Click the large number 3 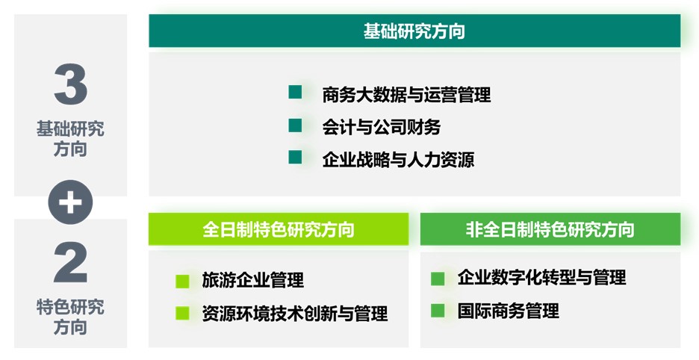tap(70, 84)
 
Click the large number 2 tap(70, 262)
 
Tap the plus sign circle tap(70, 202)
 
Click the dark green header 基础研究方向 tap(414, 31)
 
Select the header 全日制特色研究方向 tap(279, 229)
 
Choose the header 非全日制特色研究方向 tap(550, 229)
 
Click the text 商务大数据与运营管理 tap(406, 95)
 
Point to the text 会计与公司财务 tap(382, 127)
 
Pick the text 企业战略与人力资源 tap(398, 159)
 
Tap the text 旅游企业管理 tap(252, 280)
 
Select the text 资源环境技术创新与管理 tap(295, 313)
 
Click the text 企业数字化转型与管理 tap(541, 278)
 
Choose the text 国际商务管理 tap(509, 311)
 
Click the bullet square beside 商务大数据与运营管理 tap(295, 93)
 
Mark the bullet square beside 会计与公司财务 tap(295, 125)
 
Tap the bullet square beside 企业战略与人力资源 tap(295, 157)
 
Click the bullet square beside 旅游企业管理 tap(182, 281)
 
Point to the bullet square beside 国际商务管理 tap(438, 311)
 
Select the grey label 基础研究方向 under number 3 tap(70, 139)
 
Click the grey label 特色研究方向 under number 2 tap(70, 317)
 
